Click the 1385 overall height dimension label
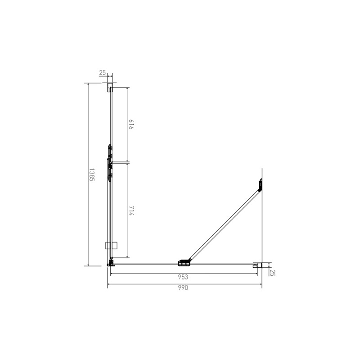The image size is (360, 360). pos(91,175)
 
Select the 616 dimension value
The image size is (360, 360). pos(131,125)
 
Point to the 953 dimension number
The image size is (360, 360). pos(183,277)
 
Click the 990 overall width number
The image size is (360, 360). pos(183,288)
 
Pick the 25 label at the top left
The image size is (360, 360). pos(103,72)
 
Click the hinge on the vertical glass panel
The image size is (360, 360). pos(109,162)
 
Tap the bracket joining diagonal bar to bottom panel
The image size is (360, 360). pos(184,261)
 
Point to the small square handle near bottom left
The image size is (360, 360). pos(111,246)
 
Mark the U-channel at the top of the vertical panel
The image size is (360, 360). pos(109,87)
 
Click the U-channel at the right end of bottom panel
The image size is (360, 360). pos(256,265)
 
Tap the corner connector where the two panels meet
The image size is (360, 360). pos(110,263)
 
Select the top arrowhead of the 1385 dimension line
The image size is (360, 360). pos(88,84)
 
